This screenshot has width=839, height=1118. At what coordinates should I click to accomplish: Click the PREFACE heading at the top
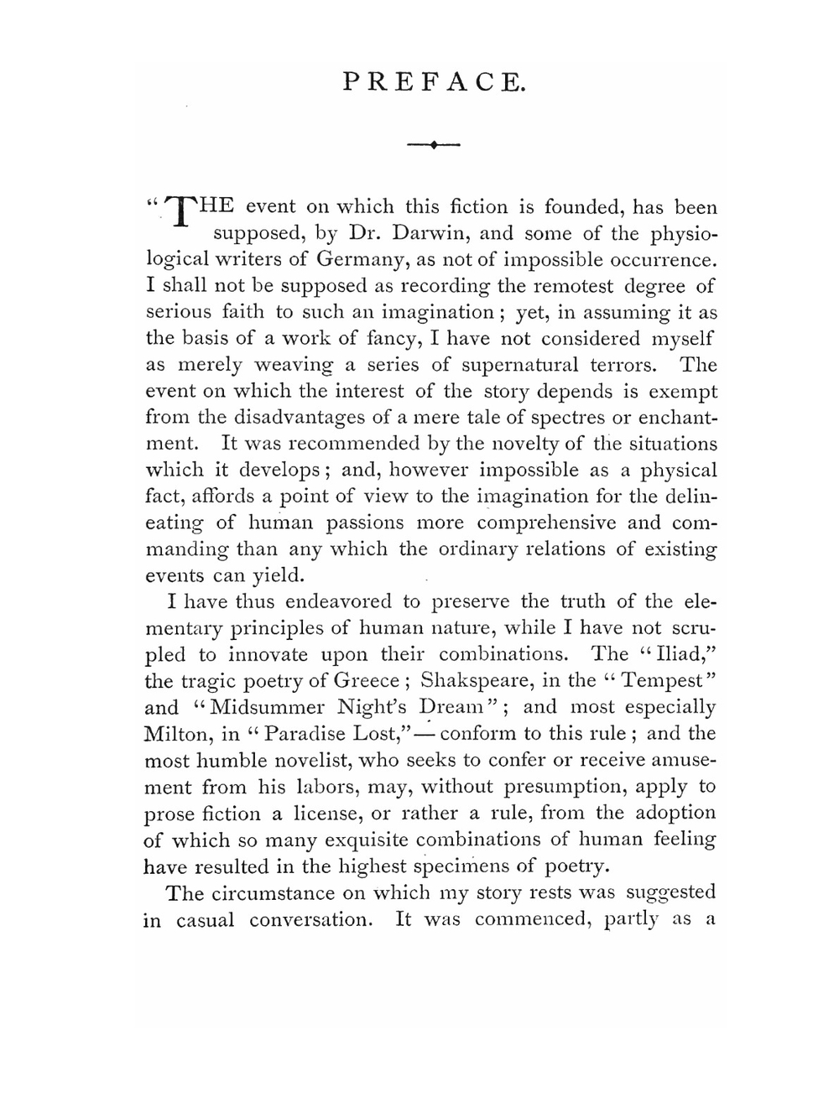point(434,81)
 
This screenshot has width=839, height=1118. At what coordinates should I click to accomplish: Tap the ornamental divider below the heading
point(434,146)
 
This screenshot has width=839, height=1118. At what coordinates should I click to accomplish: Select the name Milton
point(177,734)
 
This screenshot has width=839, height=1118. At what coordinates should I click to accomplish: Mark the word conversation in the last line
point(310,920)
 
